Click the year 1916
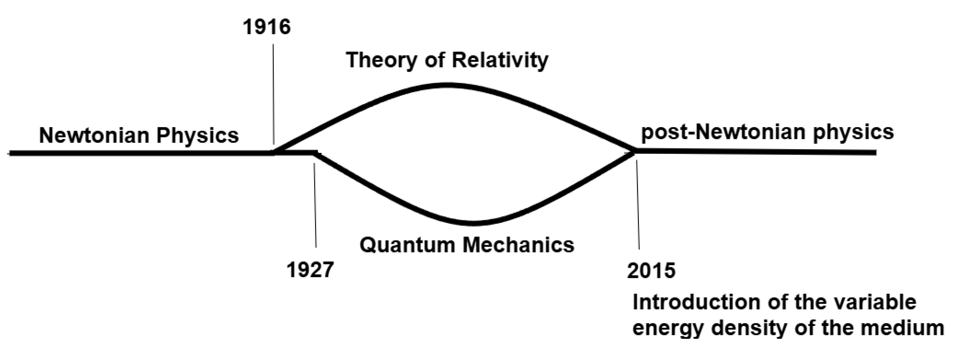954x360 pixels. tap(267, 27)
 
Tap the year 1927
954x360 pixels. tap(310, 270)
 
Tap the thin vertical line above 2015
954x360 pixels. tap(638, 204)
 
